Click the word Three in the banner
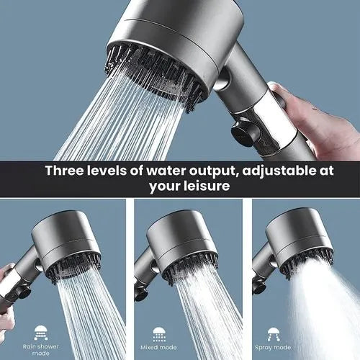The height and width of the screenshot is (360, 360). pyautogui.click(x=68, y=171)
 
